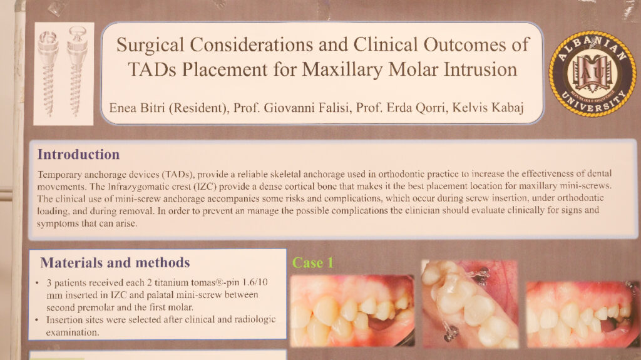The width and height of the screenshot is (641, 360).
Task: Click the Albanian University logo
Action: (592, 74)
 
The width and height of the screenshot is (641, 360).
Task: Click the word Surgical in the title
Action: (150, 45)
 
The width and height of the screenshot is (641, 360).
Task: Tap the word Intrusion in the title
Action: (481, 69)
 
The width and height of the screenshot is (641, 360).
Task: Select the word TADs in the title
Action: (152, 69)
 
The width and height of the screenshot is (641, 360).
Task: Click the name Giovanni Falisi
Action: (307, 108)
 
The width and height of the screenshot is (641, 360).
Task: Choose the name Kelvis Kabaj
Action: (488, 107)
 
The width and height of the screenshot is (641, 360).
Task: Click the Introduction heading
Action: (78, 154)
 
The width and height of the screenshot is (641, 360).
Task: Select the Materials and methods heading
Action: (115, 262)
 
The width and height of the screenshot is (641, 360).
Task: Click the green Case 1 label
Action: (313, 262)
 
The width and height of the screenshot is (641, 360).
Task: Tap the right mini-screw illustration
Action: (77, 71)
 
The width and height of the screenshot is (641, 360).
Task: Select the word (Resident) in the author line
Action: (198, 108)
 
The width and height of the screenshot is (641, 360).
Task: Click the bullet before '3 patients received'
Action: (37, 283)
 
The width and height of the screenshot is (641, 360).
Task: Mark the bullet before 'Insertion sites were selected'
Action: (37, 320)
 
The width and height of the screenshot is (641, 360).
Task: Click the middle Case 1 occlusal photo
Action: (469, 304)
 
